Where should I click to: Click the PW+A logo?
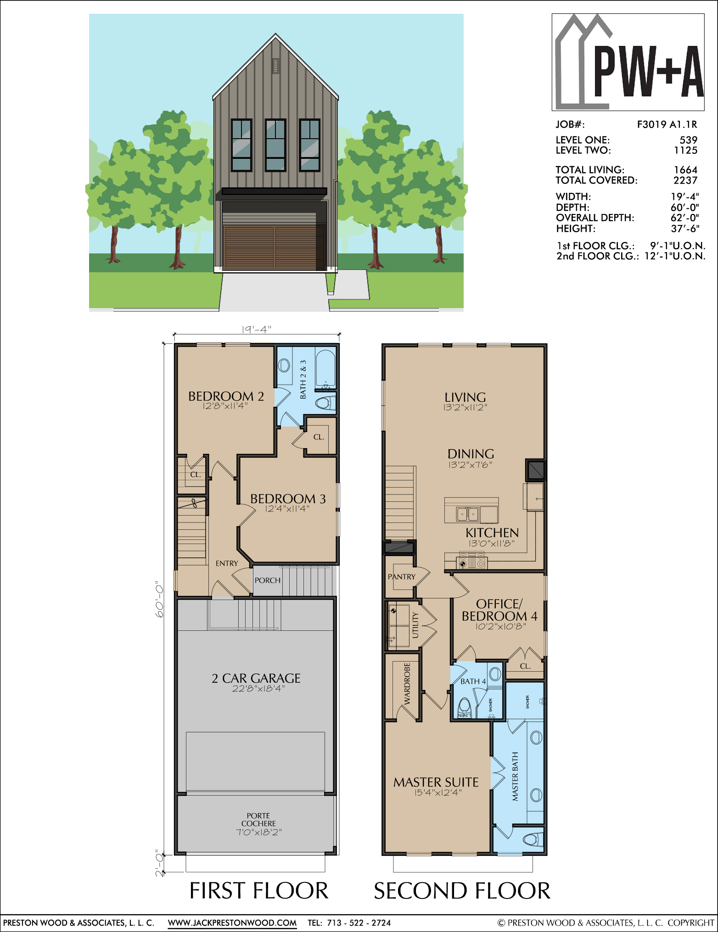tap(628, 62)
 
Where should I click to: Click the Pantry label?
tap(402, 577)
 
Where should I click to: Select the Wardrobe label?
tap(407, 684)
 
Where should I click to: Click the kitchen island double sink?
tap(467, 514)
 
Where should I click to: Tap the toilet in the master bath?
tap(533, 839)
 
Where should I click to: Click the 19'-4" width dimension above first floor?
tap(257, 329)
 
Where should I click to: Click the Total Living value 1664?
tap(685, 170)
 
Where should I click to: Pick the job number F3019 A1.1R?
tap(667, 124)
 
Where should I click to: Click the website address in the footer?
tap(232, 923)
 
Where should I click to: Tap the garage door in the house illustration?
tap(275, 247)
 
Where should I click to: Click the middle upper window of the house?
tap(275, 145)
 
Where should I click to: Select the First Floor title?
tap(259, 891)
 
